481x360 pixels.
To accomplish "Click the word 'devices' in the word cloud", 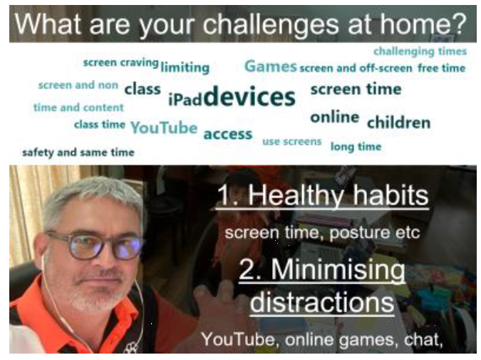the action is pos(249,96).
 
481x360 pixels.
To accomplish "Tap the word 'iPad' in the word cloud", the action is pos(185,99).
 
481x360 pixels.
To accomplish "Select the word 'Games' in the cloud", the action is pos(271,66).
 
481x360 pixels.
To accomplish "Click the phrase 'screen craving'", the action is pos(121,63).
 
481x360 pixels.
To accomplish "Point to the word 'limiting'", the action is pos(185,68).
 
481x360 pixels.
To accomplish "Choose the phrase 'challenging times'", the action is pos(420,51).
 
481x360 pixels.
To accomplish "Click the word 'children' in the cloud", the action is pos(399,123).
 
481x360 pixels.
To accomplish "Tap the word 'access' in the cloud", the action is pos(228,134).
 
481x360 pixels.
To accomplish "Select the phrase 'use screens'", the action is pos(291,141).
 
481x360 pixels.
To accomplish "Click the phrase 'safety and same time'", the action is pos(78,153).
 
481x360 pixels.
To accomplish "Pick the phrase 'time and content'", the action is pos(78,108).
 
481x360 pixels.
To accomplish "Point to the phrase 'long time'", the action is pos(356,147).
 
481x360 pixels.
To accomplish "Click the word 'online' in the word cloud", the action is pos(335,117).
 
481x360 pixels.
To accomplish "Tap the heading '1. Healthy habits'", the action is pos(322,196).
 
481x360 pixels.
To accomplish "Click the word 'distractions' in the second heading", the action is pos(322,302).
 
